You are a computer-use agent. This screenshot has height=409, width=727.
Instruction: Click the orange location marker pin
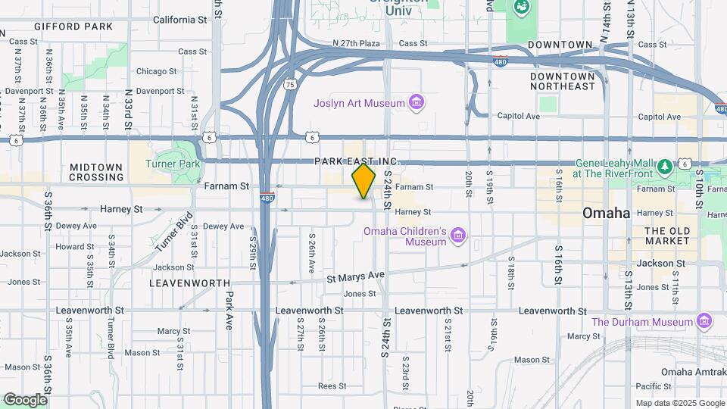point(364,181)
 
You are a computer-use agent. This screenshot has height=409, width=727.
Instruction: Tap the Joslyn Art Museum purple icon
point(415,101)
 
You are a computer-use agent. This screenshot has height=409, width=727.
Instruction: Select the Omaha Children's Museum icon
point(457,236)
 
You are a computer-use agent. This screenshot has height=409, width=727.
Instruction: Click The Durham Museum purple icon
point(705,321)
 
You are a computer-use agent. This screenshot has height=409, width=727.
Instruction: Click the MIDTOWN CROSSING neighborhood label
point(96,172)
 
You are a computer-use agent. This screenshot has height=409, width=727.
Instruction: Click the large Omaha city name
point(606,214)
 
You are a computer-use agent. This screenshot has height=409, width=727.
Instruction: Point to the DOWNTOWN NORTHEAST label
point(563,81)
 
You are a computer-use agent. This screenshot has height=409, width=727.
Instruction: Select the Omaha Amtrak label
point(692,371)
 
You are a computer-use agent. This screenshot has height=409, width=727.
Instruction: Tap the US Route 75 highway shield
point(290,85)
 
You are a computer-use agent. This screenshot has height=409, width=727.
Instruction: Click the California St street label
point(179,20)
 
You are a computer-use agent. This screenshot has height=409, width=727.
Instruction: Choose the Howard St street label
point(74,246)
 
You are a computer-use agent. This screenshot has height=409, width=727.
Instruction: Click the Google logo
point(24,400)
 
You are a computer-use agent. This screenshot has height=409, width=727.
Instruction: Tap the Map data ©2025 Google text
point(679,403)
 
